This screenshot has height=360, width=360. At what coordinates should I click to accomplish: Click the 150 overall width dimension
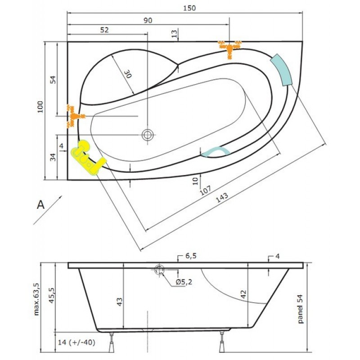[189, 8]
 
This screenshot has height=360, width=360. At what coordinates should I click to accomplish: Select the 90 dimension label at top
[148, 20]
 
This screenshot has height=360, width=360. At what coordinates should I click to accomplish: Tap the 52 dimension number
[104, 30]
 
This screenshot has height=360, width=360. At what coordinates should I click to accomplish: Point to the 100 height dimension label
[40, 107]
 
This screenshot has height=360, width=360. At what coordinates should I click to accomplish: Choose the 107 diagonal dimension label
[205, 190]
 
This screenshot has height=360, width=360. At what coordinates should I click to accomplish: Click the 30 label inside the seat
[128, 74]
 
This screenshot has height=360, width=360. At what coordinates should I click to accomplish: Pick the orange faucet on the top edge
[229, 49]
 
